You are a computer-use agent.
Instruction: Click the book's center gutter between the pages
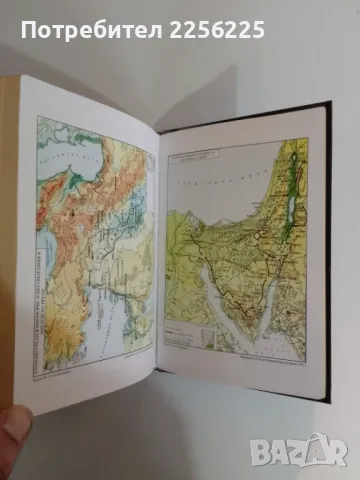(160, 250)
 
